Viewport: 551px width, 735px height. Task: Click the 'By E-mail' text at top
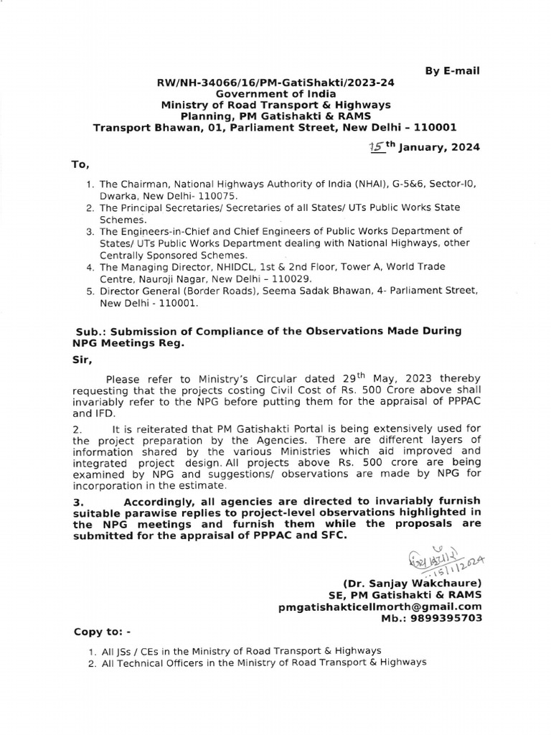pos(453,70)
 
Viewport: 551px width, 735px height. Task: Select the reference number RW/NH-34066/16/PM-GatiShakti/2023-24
pos(275,83)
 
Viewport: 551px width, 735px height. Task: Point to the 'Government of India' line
pos(275,94)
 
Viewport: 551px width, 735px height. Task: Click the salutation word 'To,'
pos(80,164)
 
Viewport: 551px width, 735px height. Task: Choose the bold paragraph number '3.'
pos(79,500)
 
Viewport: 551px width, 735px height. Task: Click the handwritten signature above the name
pos(442,559)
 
